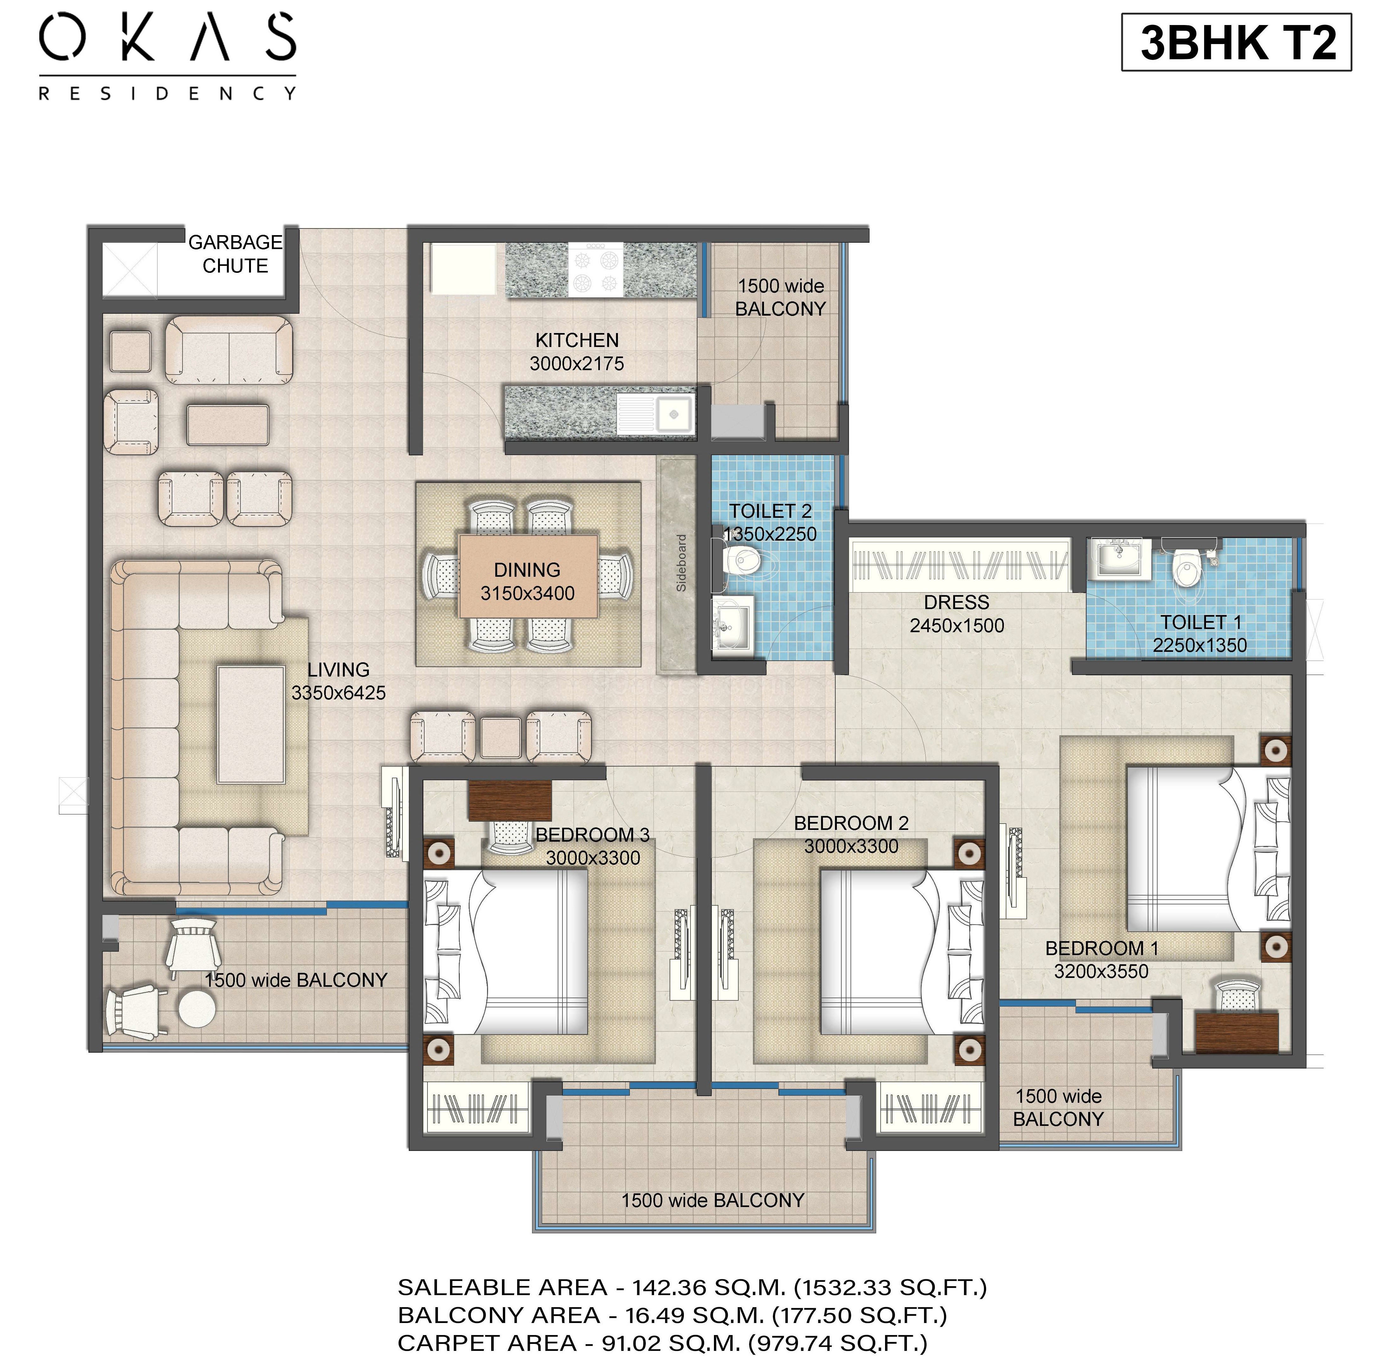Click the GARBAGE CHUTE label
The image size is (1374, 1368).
235,254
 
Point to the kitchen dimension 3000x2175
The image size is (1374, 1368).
577,363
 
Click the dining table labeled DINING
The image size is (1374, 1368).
528,576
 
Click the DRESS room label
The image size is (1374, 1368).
957,602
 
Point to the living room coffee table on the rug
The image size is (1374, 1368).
250,724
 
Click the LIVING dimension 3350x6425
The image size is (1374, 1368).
338,692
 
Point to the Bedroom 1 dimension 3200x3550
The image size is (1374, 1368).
1101,971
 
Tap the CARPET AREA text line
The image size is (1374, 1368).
663,1343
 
